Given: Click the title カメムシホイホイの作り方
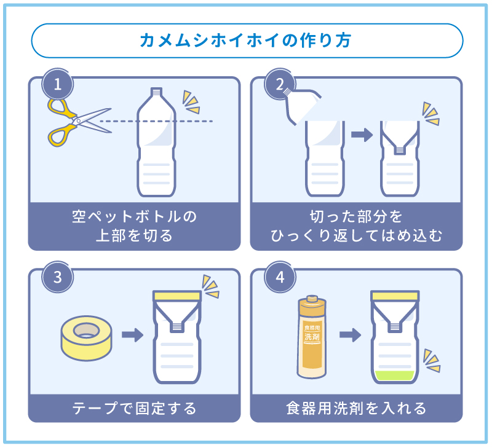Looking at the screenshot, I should pos(246,41).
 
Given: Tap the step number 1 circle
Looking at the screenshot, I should pos(58,85).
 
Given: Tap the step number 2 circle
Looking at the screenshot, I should pos(280,85).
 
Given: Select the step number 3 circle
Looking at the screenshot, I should pos(58,277).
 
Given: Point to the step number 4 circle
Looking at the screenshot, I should pos(280,277).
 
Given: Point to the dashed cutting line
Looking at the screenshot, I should pos(184,121).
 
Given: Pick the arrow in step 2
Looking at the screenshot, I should pos(362,135).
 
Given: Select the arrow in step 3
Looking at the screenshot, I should pos(131,335).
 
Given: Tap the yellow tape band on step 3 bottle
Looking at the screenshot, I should pos(177,296).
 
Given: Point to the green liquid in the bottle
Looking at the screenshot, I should pos(395,375).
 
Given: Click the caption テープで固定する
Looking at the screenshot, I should pos(134,408).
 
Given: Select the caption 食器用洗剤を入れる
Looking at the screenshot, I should pos(356,408).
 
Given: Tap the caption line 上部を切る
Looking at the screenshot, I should pos(134,235).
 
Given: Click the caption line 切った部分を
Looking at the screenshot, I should pos(356,216).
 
